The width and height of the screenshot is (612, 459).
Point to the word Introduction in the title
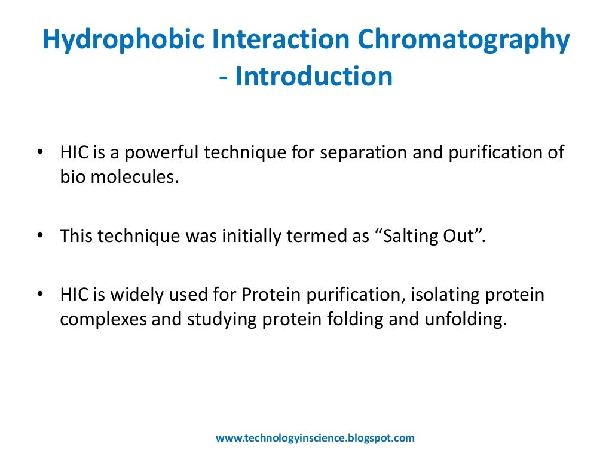pyautogui.click(x=314, y=77)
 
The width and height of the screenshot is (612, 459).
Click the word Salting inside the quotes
pyautogui.click(x=402, y=236)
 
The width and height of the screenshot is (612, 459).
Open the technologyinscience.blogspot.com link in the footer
pyautogui.click(x=314, y=438)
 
